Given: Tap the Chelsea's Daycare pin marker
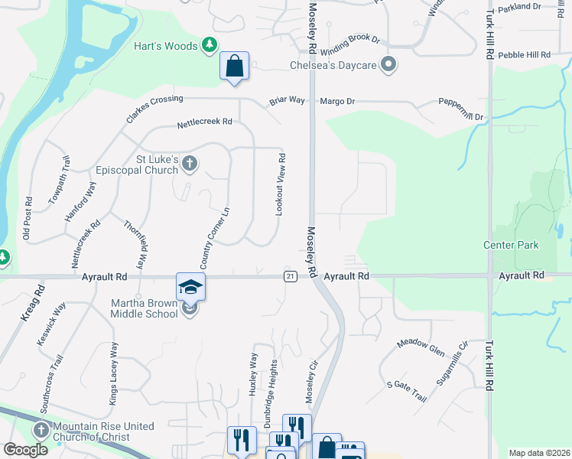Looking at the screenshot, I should (x=388, y=65).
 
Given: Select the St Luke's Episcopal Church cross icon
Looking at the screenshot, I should (x=190, y=163).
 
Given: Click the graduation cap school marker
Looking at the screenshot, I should (x=190, y=288).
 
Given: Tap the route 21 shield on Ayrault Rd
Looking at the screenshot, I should (x=289, y=276).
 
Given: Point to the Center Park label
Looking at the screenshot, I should (x=511, y=246).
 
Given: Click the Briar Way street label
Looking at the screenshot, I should (x=287, y=101).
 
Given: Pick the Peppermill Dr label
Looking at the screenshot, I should (x=461, y=109).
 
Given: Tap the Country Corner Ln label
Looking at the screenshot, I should (x=216, y=238).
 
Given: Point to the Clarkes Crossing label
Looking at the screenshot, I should (x=154, y=109).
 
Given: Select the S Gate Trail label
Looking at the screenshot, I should (x=406, y=390).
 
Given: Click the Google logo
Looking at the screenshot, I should (x=25, y=450).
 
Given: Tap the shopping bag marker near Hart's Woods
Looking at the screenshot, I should (x=235, y=66).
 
